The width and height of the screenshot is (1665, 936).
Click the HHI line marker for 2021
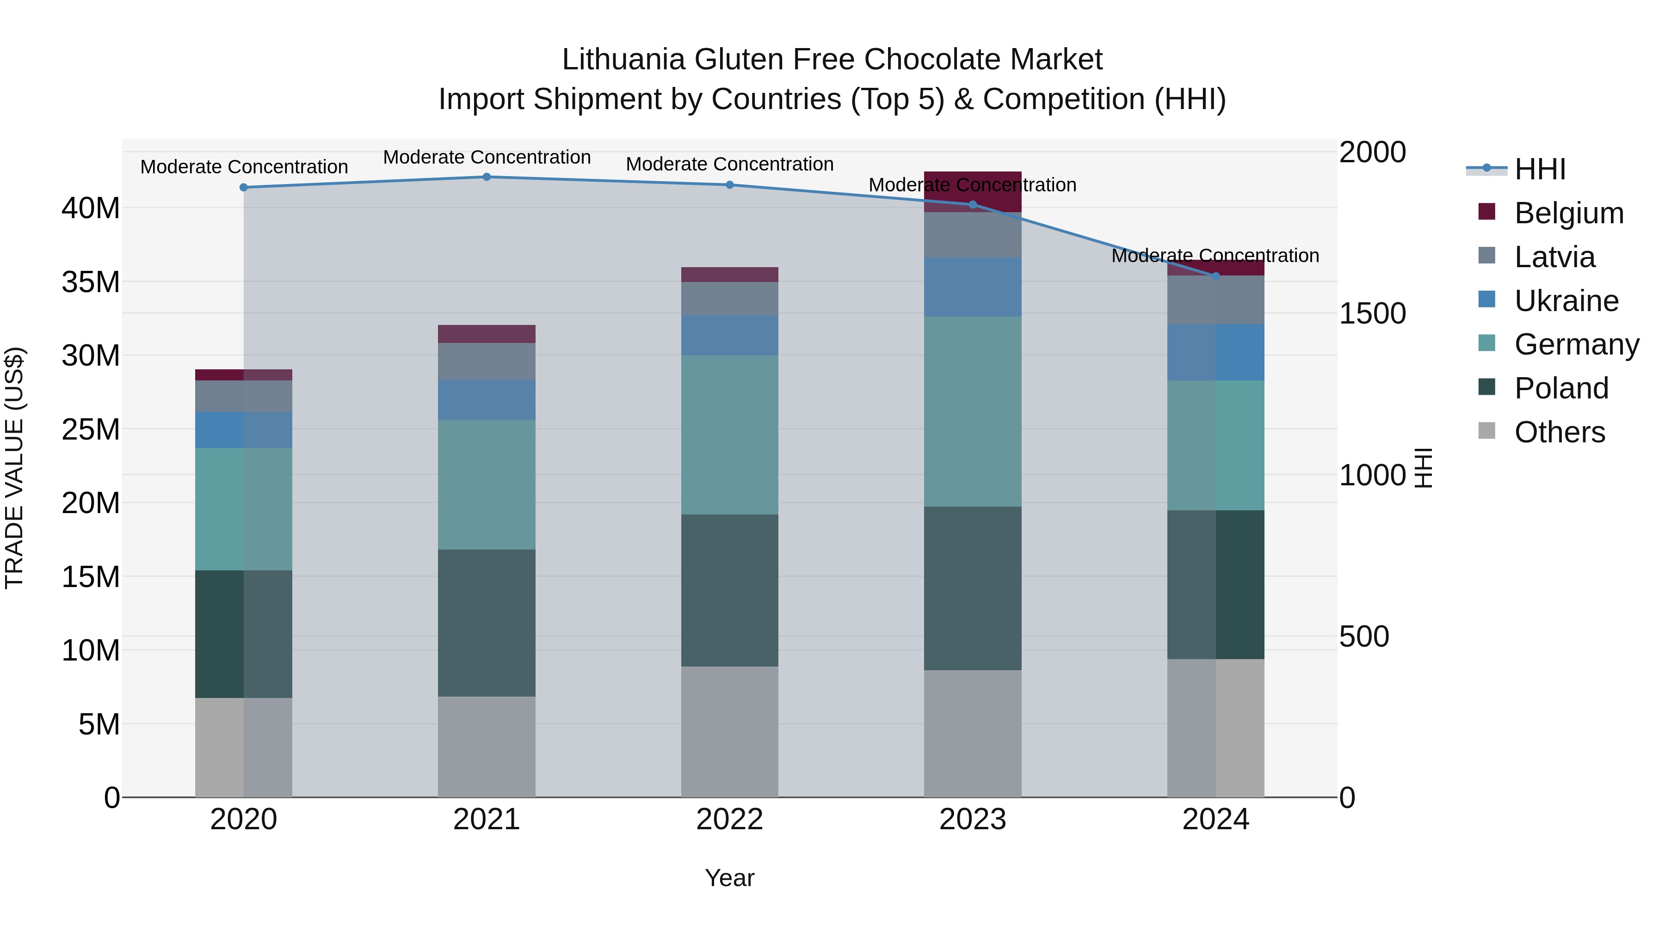pos(487,177)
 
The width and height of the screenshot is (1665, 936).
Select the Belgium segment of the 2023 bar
pos(972,191)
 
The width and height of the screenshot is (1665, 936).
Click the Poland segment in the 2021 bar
pos(487,623)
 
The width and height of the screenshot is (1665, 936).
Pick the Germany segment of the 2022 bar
pos(730,435)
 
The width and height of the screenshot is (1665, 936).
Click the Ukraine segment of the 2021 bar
pos(487,400)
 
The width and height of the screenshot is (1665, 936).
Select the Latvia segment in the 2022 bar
pos(730,299)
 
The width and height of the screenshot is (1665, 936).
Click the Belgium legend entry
pos(1569,213)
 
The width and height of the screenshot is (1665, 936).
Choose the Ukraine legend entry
pos(1566,301)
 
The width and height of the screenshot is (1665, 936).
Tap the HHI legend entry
pos(1540,169)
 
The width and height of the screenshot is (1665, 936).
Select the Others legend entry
pos(1559,432)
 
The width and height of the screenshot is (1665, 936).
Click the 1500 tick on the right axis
pos(1372,313)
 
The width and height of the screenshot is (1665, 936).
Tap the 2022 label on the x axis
pos(730,820)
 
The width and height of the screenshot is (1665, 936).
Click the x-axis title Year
pos(730,878)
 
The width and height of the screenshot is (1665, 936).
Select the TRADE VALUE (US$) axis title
pos(14,468)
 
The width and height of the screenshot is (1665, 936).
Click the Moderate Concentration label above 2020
pos(244,167)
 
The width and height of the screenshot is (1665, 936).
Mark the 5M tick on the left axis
pos(99,724)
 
